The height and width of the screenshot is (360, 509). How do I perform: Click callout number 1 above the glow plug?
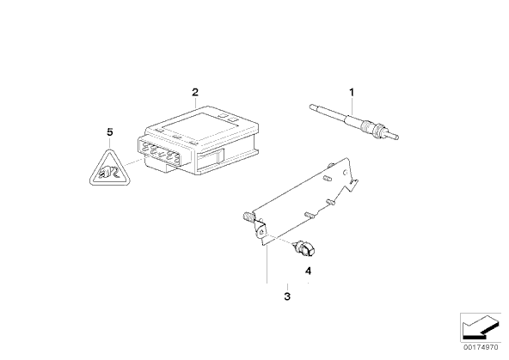[x=352, y=93]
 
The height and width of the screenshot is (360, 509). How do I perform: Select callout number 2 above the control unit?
[x=195, y=92]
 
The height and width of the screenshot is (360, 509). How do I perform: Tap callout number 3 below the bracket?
[x=287, y=296]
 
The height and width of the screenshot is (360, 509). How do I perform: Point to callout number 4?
[x=308, y=271]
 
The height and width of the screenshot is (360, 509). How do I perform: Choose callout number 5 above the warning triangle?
[x=110, y=132]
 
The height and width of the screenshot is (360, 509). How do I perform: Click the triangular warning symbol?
[x=110, y=168]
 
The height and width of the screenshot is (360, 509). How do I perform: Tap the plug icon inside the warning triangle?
[x=110, y=174]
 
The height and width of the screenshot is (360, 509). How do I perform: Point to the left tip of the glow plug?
[x=310, y=106]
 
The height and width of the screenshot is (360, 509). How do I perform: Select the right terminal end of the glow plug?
[x=396, y=137]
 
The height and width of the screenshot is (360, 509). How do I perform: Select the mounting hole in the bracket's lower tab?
[x=261, y=231]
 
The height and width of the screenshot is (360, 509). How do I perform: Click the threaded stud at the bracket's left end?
[x=248, y=216]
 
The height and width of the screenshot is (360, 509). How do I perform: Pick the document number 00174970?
[x=481, y=347]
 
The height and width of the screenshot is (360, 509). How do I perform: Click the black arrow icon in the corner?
[x=480, y=327]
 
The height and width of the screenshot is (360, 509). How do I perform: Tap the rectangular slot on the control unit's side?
[x=211, y=156]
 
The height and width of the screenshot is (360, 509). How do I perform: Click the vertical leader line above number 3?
[x=267, y=265]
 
